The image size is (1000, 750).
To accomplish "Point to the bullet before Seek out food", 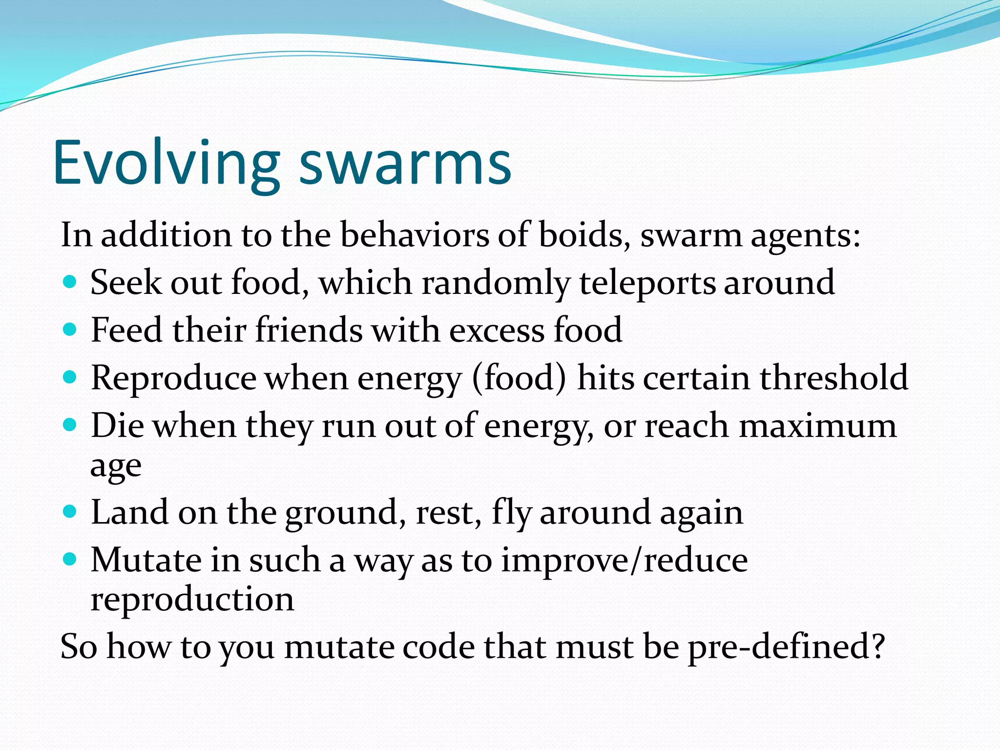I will click(70, 282).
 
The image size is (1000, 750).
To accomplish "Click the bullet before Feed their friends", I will click(70, 330).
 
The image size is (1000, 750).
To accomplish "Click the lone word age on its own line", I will click(116, 467).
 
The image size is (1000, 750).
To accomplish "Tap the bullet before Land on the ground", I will click(70, 512).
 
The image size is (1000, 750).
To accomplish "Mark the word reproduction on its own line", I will click(192, 600).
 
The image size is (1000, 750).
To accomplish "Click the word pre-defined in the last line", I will click(786, 647).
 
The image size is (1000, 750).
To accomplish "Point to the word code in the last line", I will click(434, 647).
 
